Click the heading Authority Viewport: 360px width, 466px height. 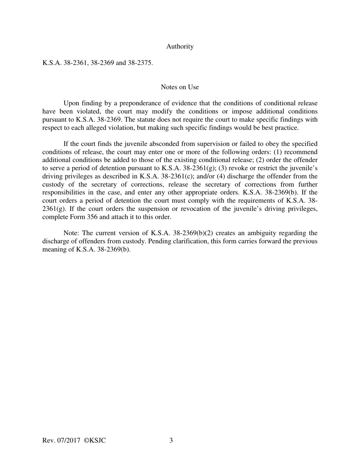click(x=180, y=47)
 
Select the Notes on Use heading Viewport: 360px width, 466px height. click(x=180, y=87)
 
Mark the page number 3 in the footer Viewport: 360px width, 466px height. click(x=171, y=441)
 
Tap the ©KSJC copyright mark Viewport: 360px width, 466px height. click(x=95, y=441)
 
